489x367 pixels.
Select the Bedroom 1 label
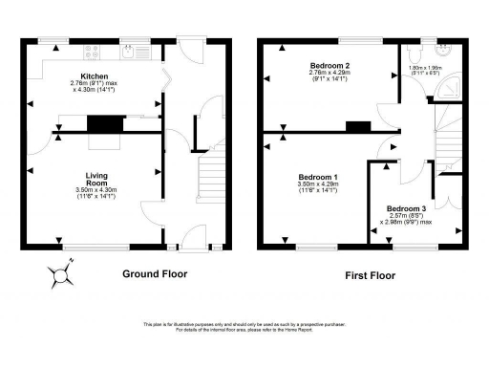coord(317,179)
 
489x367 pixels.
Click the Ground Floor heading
coord(155,274)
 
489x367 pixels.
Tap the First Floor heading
coord(370,275)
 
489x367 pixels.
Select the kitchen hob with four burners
coord(93,52)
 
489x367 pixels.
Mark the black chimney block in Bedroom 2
coord(358,125)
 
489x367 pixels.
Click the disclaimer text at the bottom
coord(244,328)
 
